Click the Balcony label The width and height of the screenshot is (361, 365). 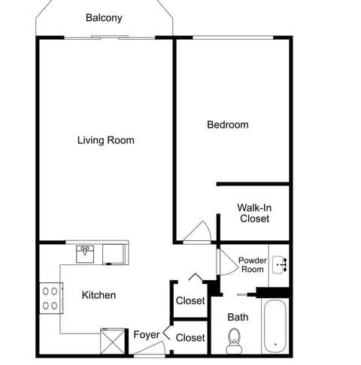pyautogui.click(x=104, y=18)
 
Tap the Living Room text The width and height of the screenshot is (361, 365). pyautogui.click(x=106, y=140)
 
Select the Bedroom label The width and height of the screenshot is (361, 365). pyautogui.click(x=227, y=125)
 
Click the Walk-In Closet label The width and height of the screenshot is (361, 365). pyautogui.click(x=254, y=213)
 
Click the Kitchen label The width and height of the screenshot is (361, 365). pyautogui.click(x=99, y=295)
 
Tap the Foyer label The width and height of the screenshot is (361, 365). pyautogui.click(x=146, y=335)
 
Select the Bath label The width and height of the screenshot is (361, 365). pyautogui.click(x=238, y=317)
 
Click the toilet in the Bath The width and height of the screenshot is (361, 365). pyautogui.click(x=235, y=339)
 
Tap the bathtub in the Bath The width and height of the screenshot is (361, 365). pyautogui.click(x=275, y=326)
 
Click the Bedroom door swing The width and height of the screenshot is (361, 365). pyautogui.click(x=198, y=232)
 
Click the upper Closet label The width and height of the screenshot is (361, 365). pyautogui.click(x=190, y=301)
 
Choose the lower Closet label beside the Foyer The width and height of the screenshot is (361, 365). pyautogui.click(x=190, y=338)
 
